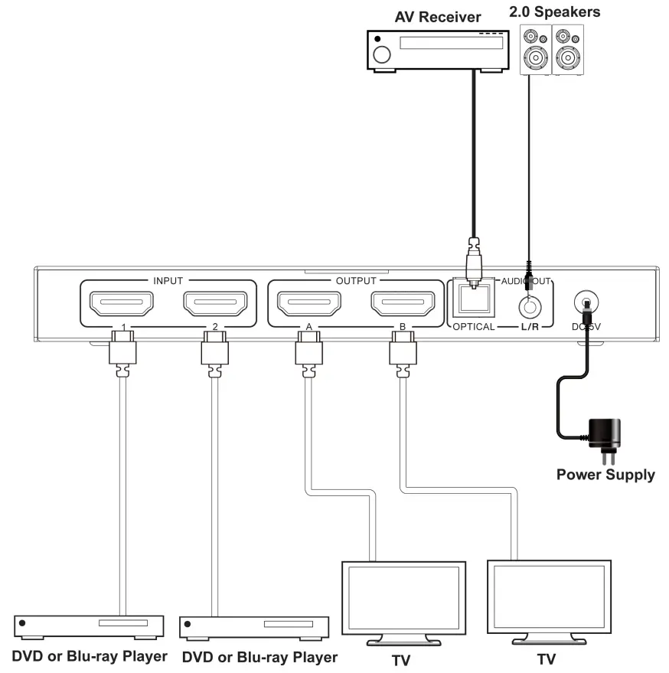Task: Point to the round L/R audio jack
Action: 528,307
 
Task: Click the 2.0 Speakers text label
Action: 555,11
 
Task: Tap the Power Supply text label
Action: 605,475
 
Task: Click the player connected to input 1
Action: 90,626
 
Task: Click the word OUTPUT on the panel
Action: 356,280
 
